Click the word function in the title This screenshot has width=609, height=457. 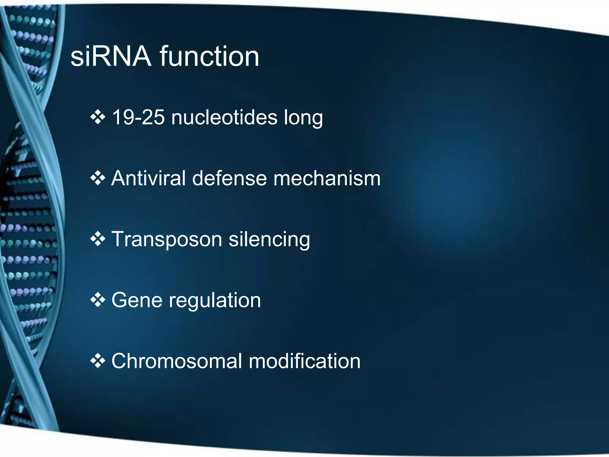pyautogui.click(x=210, y=57)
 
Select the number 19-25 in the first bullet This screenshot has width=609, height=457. pyautogui.click(x=138, y=117)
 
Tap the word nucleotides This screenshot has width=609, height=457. pyautogui.click(x=224, y=117)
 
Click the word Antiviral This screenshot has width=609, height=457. pyautogui.click(x=148, y=179)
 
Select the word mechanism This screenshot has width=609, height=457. pyautogui.click(x=327, y=179)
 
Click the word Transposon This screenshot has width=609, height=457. pyautogui.click(x=167, y=240)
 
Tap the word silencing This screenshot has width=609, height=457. pyautogui.click(x=269, y=240)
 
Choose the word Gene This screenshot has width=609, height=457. pyautogui.click(x=137, y=300)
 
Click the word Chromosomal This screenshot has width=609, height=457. pyautogui.click(x=177, y=361)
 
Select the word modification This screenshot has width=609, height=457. pyautogui.click(x=304, y=361)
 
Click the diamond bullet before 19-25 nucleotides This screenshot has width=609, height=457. pyautogui.click(x=98, y=117)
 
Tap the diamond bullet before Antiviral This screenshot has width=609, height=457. pyautogui.click(x=98, y=179)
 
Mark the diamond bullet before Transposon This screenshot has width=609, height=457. pyautogui.click(x=98, y=240)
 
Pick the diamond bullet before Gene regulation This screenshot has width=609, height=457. pyautogui.click(x=98, y=300)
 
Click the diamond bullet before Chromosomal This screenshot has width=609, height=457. pyautogui.click(x=98, y=361)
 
